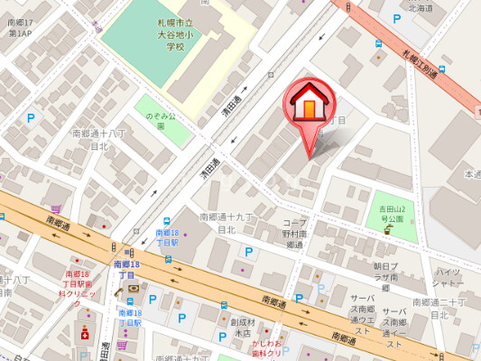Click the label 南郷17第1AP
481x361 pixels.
[20, 26]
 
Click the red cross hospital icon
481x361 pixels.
[85, 334]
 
